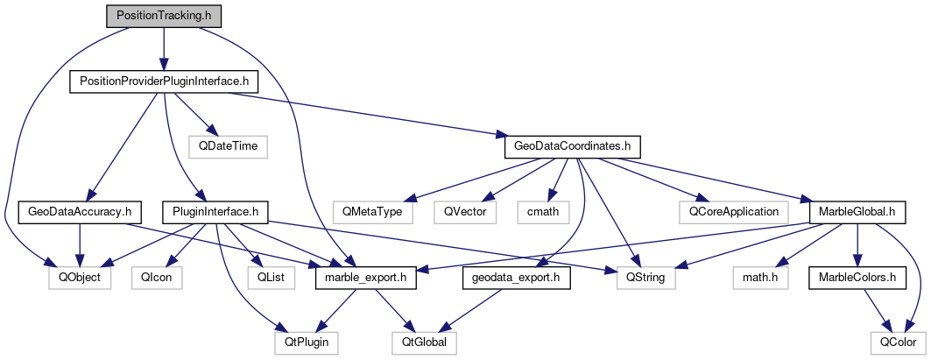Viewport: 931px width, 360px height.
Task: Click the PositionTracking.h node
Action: (x=164, y=16)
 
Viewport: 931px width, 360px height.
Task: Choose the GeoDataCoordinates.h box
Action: (x=573, y=145)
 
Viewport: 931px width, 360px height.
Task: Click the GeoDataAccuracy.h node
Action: (x=80, y=211)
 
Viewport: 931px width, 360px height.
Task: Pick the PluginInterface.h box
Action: (x=215, y=211)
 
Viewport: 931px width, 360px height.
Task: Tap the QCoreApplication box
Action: (x=733, y=211)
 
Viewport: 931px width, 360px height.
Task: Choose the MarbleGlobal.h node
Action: (x=856, y=211)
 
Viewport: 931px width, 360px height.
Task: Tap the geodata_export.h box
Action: (x=517, y=278)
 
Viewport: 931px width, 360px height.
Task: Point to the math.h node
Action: (x=761, y=278)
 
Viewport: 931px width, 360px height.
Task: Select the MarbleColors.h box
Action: (x=855, y=278)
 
